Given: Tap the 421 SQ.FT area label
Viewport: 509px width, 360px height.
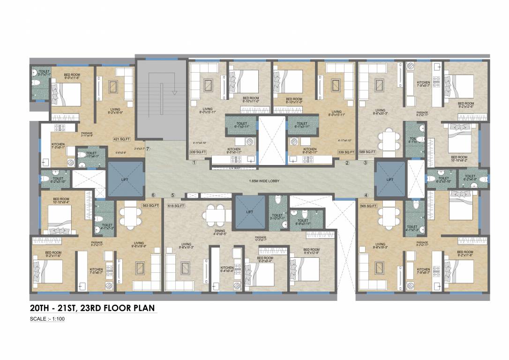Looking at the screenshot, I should (121, 139).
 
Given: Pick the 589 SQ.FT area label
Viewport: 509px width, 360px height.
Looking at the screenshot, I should (367, 152).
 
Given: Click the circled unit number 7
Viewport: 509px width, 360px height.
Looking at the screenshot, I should (148, 149).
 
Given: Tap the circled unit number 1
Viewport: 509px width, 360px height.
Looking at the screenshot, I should (193, 163).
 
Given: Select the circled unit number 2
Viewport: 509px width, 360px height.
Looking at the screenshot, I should (347, 163).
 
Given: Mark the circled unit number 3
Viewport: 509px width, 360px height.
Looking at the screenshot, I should (365, 163).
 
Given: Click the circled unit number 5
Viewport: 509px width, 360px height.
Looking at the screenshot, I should (172, 195).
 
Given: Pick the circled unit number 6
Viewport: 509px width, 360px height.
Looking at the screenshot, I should (153, 195).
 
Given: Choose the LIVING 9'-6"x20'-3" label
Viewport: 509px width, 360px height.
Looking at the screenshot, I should (379, 111).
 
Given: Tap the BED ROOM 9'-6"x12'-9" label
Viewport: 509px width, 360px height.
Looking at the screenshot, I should (311, 251).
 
